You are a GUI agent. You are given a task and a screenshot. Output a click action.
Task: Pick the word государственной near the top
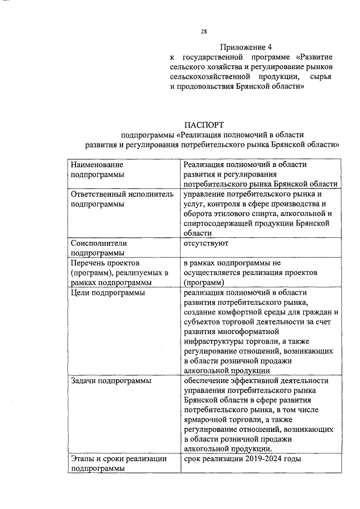point(214,57)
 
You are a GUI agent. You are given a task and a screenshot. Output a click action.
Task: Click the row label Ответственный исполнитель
point(117,193)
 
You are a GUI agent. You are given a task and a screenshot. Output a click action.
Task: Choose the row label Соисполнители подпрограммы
point(99,248)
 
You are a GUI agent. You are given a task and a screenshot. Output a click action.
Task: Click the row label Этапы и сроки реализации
point(119,459)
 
